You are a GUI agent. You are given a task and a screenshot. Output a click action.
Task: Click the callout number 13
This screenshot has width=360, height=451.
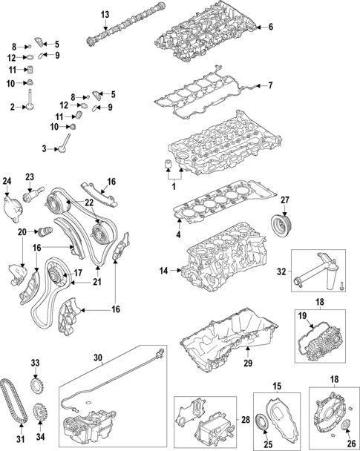point(105,15)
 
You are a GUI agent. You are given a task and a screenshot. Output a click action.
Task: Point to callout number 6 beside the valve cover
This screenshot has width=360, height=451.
point(271,27)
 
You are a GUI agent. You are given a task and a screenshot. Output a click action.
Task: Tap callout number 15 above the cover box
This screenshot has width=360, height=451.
point(277,386)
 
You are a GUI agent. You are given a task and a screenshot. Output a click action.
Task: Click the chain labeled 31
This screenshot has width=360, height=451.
point(10,404)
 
